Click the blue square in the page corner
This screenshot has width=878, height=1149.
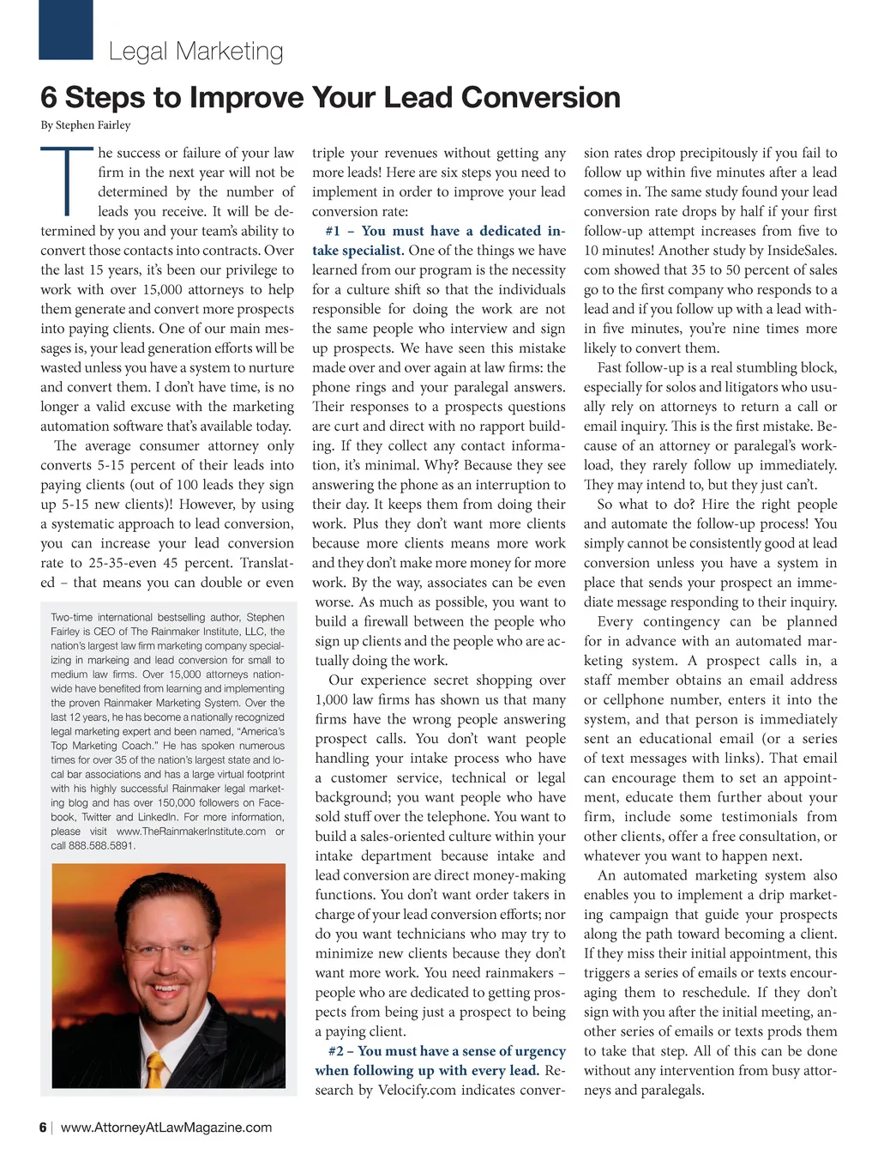pos(66,29)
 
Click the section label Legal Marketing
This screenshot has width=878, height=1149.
pos(195,51)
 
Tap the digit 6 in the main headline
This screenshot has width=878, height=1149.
pos(50,98)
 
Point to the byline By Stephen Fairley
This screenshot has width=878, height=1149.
pos(86,125)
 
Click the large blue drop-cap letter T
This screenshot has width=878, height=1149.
pos(67,181)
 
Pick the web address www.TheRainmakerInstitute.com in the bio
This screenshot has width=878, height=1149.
pos(190,832)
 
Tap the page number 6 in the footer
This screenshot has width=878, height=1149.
pos(43,1128)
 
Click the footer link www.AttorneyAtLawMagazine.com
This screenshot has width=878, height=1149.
pos(166,1128)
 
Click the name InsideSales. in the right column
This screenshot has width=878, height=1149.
pos(797,251)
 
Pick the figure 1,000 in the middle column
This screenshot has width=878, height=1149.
pos(331,699)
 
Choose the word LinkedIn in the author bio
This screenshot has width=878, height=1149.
pos(156,817)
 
